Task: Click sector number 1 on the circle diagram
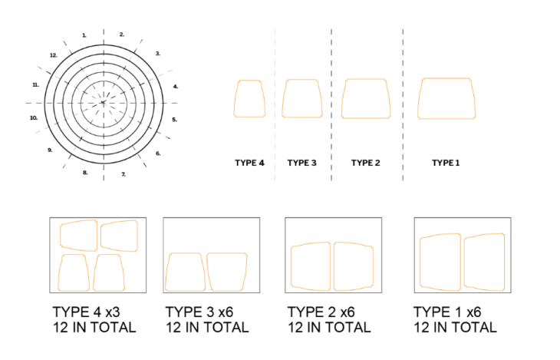pos(84,35)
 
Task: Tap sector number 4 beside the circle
pos(176,87)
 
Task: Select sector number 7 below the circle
pos(124,174)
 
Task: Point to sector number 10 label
pos(34,118)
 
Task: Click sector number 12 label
pos(54,55)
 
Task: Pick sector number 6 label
pos(158,154)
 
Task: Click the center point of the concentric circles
pos(104,103)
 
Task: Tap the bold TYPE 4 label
pos(249,163)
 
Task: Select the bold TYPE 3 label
pos(301,163)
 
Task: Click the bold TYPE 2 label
pos(365,163)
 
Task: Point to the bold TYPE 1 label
pos(446,163)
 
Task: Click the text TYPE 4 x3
pos(87,312)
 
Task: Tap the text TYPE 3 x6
pos(199,312)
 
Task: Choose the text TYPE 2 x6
pos(321,312)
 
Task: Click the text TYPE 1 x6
pos(447,312)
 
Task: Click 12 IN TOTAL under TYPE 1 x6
pos(455,328)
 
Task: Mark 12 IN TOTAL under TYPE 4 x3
pos(94,328)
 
